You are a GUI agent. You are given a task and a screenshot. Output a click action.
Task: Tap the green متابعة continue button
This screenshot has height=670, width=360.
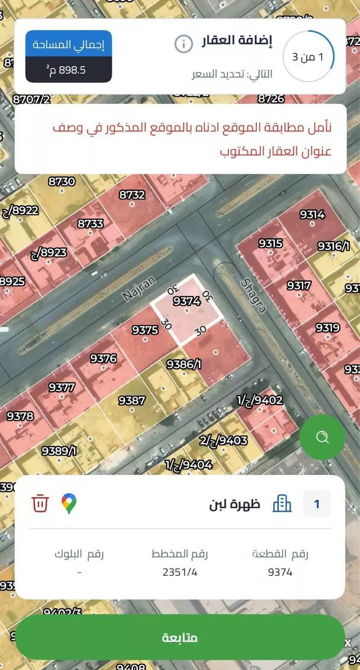point(180,638)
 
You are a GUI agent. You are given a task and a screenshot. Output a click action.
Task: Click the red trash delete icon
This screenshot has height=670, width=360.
point(40,503)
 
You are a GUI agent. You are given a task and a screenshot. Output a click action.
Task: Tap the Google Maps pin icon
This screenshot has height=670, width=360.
point(69,503)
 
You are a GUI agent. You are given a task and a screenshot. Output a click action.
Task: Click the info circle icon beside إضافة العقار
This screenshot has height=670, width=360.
point(183,44)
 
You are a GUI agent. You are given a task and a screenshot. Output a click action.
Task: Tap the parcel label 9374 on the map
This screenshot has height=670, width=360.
point(186,301)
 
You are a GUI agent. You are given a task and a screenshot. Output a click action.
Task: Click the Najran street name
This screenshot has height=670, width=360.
point(139,289)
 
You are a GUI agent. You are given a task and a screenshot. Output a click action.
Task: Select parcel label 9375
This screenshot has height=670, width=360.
point(145,330)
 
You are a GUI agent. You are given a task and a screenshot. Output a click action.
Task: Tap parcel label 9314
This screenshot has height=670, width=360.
point(312,214)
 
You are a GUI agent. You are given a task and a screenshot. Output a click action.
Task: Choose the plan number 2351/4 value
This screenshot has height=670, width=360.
point(180,572)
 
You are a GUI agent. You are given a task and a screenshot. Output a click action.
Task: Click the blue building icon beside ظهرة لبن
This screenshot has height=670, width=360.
point(282,503)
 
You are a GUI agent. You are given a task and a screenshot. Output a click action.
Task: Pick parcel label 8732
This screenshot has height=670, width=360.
point(132,195)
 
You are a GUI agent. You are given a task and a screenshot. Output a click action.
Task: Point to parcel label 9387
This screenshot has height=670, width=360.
point(131,400)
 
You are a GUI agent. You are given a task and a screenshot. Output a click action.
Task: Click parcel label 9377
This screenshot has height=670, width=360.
point(62,387)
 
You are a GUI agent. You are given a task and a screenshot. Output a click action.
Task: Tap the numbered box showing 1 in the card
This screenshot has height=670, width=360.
point(317,503)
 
